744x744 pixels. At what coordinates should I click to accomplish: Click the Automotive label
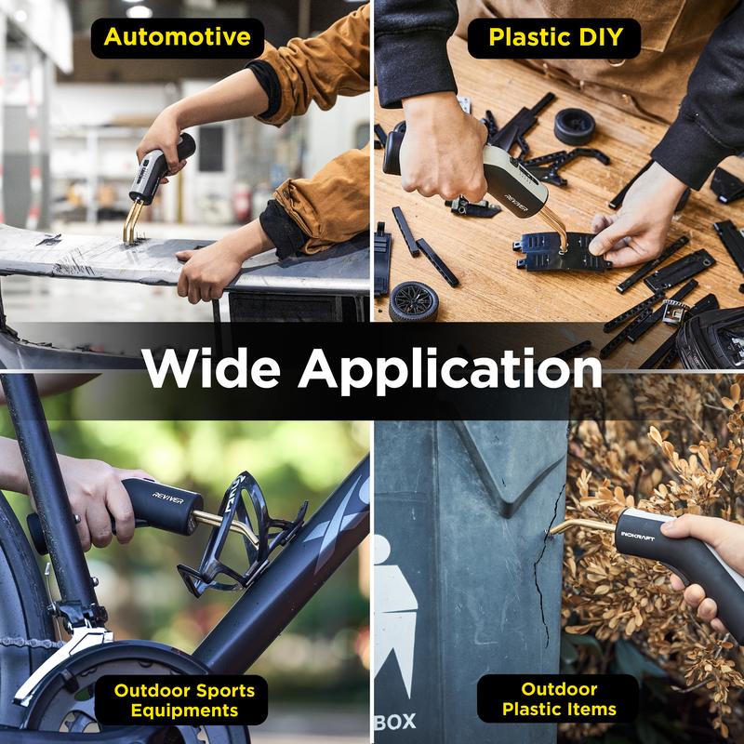coord(178,38)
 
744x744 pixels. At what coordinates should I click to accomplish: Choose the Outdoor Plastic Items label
coord(558,700)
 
